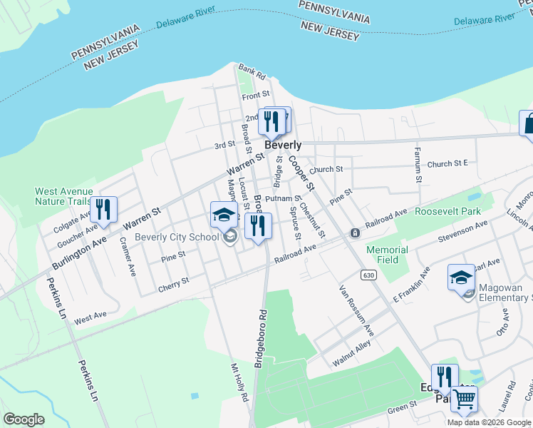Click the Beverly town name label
[x=283, y=144]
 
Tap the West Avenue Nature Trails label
[x=64, y=196]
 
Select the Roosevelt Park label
[x=449, y=211]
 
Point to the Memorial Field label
[x=387, y=255]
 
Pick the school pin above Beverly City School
[x=224, y=214]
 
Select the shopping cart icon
[x=464, y=401]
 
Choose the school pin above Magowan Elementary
[x=461, y=277]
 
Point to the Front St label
[x=256, y=94]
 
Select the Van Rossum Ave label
[x=357, y=311]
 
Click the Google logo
[x=24, y=419]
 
